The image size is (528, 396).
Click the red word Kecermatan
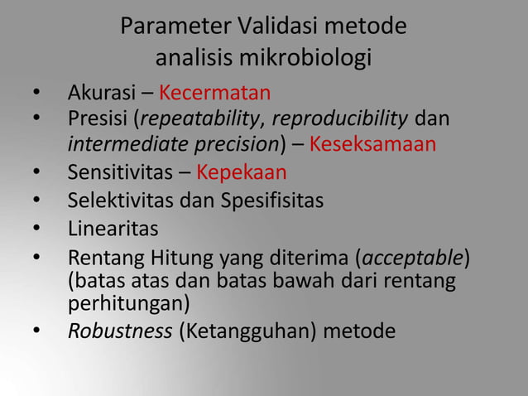coord(215,92)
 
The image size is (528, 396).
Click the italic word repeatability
coord(204,120)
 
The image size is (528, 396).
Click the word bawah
coord(298,280)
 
